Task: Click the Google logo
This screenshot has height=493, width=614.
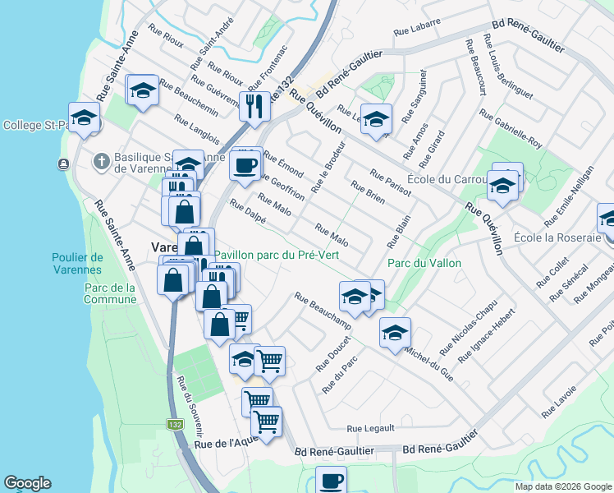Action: coord(27,483)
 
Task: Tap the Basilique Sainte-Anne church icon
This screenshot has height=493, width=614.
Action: coord(101,160)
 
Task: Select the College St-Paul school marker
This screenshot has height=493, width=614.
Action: coord(84,119)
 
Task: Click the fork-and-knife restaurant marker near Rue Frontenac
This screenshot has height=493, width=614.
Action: coord(254,106)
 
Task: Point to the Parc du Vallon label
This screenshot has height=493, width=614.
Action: coord(424,263)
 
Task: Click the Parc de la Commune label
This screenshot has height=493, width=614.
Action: coord(110,293)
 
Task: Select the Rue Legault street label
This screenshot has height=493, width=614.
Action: coord(370,428)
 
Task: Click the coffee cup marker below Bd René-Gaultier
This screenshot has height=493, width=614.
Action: coord(331,481)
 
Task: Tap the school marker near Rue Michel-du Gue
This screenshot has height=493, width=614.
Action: coord(395,334)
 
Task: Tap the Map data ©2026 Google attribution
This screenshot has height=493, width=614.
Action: coord(563,486)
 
